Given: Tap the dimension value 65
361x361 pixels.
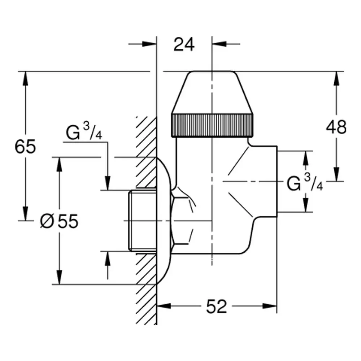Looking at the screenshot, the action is click(25, 147).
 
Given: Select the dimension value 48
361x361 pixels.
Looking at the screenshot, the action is click(336, 127).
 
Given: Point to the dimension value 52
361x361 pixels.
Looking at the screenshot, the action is click(216, 306).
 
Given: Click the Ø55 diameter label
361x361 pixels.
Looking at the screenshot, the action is click(59, 221).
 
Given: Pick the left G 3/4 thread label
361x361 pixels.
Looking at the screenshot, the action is click(84, 132).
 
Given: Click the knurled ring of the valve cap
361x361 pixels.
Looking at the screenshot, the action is click(212, 126).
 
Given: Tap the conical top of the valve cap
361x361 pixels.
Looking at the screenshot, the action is click(212, 92).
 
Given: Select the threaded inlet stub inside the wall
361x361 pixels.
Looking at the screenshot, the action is click(142, 221).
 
